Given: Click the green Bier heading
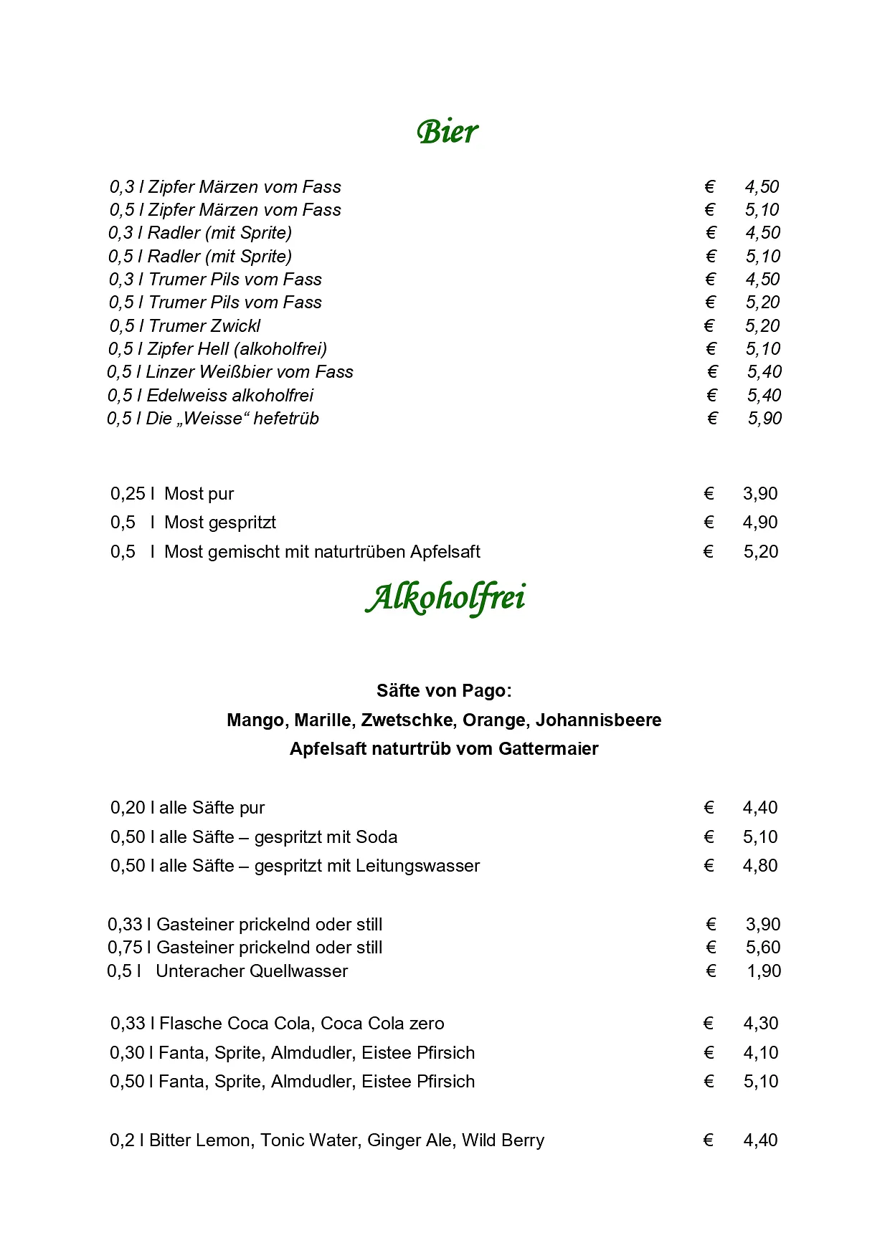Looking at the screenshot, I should tap(447, 132).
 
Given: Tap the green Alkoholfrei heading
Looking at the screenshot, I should tap(445, 598).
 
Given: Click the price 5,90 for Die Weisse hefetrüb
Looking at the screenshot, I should tap(764, 419).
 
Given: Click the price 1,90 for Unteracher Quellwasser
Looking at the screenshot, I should tap(764, 971).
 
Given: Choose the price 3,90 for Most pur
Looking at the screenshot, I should tap(760, 494).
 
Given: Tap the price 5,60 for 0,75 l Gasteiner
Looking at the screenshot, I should tap(763, 948).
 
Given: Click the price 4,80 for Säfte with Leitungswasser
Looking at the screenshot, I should tap(760, 866).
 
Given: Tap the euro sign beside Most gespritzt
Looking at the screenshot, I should tap(709, 523).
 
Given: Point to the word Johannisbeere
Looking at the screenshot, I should tap(599, 720).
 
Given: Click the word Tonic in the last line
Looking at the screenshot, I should tap(285, 1140).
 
